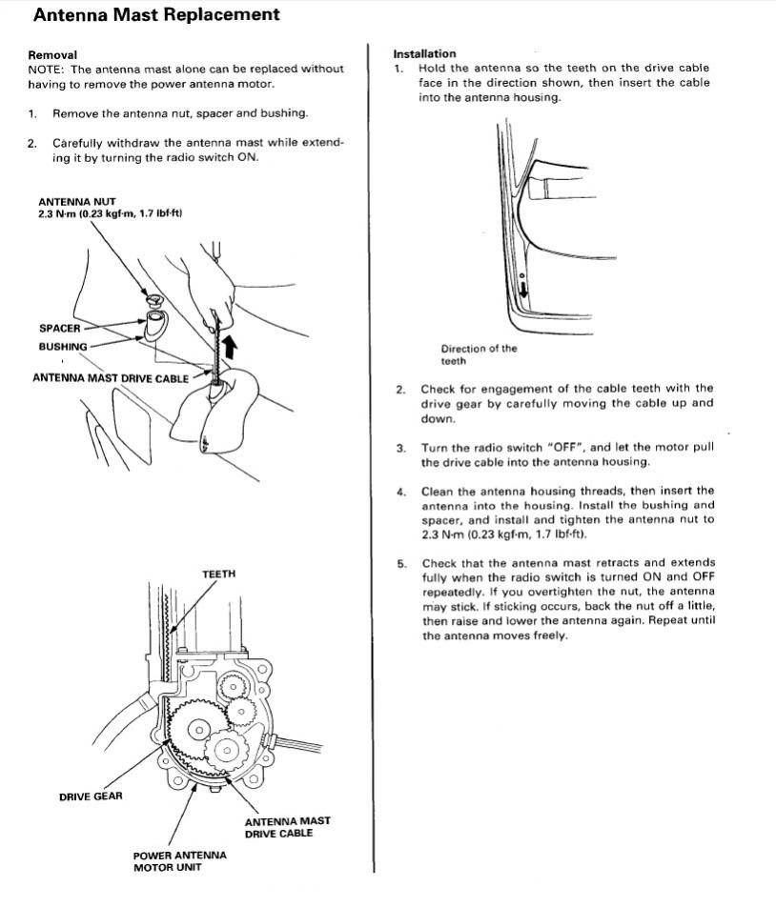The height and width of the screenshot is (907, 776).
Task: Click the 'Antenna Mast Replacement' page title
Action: [156, 14]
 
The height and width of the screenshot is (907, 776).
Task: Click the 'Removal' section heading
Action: [52, 55]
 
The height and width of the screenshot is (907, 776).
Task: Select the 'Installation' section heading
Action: [424, 53]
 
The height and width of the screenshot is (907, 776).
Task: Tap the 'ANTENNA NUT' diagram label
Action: [77, 202]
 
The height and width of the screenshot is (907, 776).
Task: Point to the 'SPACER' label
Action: [60, 328]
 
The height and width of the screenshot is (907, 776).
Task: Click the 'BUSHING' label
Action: [63, 347]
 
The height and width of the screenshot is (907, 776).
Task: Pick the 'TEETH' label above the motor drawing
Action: [218, 574]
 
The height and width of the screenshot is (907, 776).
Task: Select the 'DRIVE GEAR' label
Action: [91, 796]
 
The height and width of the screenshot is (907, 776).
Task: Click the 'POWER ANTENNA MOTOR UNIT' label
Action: [179, 861]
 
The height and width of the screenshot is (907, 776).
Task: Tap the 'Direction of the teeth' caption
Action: [479, 354]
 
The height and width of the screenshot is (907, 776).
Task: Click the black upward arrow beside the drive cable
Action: [231, 347]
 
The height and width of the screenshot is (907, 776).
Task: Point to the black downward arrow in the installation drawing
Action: [523, 290]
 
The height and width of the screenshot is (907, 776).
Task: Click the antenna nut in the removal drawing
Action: [153, 299]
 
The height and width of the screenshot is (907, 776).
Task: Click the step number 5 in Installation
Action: [401, 564]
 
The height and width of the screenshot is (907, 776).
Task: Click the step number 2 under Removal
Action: [31, 144]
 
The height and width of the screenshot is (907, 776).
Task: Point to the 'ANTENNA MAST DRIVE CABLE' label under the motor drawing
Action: [287, 827]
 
